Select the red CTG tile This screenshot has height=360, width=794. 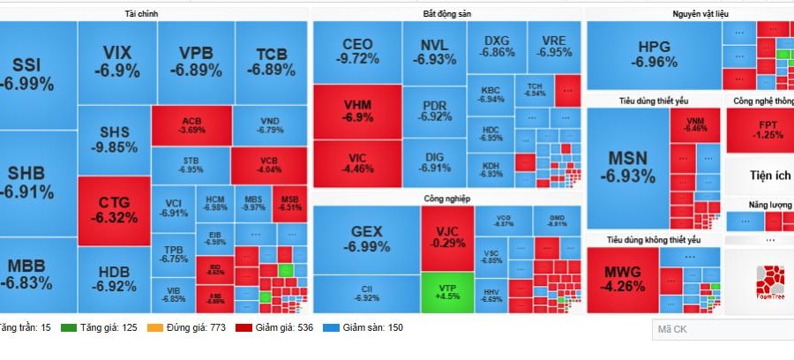click(x=114, y=211)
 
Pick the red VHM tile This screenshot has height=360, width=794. click(x=357, y=110)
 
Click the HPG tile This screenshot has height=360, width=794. click(x=654, y=54)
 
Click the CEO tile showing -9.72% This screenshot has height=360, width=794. click(x=357, y=51)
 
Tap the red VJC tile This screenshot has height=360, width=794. click(x=446, y=236)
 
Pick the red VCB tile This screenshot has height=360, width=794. click(x=268, y=164)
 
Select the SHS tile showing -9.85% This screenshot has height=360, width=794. click(x=114, y=139)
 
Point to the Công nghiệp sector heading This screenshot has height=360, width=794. click(x=446, y=199)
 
